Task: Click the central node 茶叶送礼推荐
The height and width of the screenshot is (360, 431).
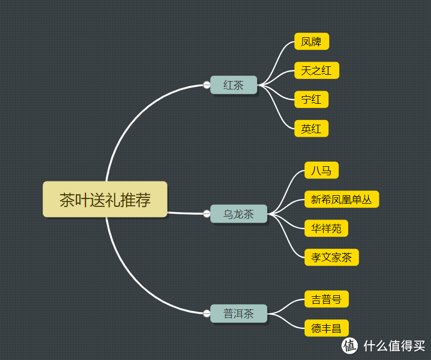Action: [105, 199]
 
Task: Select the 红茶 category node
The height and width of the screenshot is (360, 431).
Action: [233, 85]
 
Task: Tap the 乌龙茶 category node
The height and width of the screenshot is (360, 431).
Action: [239, 214]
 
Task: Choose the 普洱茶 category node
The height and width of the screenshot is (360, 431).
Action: [239, 314]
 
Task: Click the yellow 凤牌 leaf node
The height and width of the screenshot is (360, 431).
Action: [311, 42]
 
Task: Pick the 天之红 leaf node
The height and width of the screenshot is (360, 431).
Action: [316, 71]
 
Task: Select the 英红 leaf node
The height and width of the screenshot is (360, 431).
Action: [311, 128]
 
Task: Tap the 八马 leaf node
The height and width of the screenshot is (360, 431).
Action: [321, 171]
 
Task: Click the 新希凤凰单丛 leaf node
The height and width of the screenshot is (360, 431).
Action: [341, 199]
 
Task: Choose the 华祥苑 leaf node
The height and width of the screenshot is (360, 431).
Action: [326, 228]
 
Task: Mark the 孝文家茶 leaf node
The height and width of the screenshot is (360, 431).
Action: [331, 257]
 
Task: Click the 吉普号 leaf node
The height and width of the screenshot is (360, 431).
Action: [326, 299]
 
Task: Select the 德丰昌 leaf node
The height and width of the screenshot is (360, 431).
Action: [326, 328]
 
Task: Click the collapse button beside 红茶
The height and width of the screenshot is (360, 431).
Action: [207, 85]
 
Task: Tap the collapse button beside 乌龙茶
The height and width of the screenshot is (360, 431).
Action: [207, 214]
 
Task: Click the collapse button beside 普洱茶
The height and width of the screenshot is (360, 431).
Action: [207, 314]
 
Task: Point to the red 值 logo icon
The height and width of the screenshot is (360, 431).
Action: [350, 346]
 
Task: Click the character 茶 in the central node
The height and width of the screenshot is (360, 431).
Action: [67, 200]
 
